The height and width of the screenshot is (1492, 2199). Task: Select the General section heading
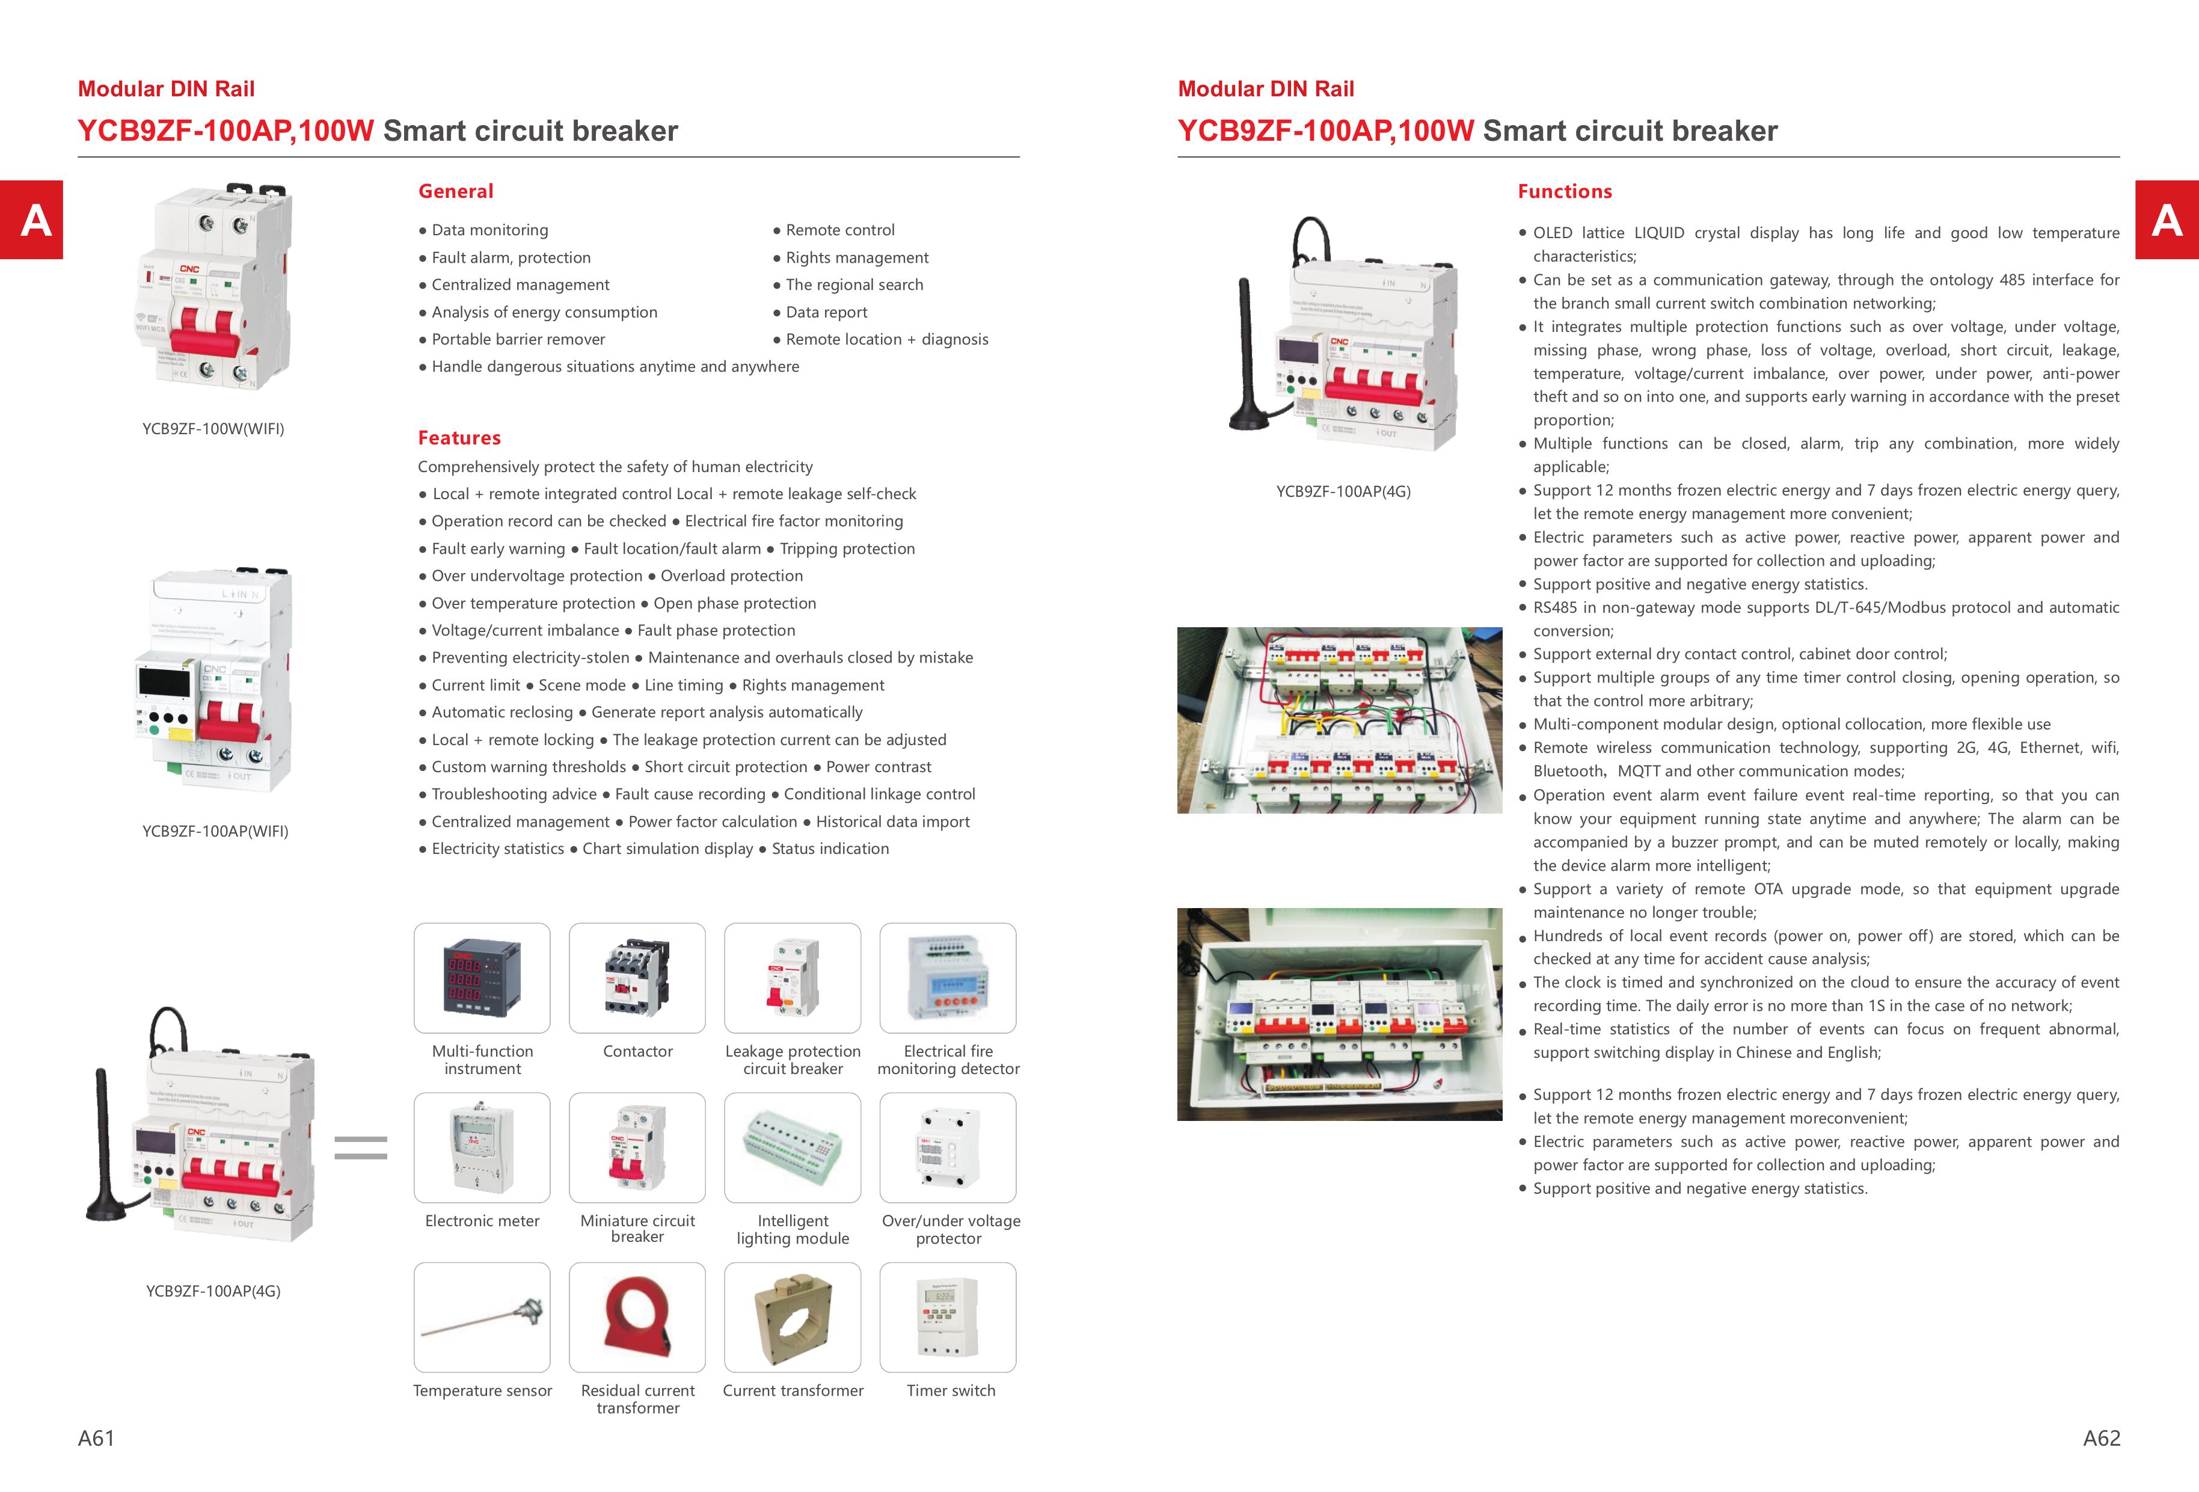[455, 191]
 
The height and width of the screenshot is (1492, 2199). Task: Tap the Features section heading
[459, 438]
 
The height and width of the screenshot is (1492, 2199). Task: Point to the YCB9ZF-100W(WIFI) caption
[213, 429]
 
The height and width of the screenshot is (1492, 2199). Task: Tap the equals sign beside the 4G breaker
[361, 1147]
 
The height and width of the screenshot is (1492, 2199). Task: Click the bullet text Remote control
[839, 230]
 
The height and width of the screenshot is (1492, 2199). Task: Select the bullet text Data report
[826, 312]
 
